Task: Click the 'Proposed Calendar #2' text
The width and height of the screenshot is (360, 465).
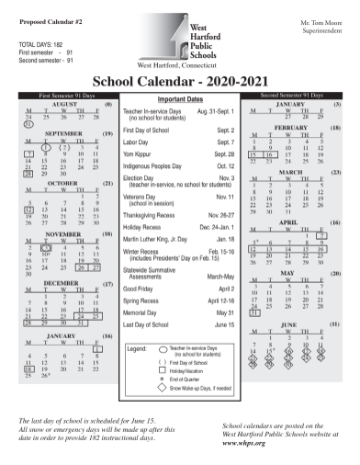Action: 45,18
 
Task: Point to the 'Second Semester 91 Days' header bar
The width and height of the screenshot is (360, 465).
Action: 295,95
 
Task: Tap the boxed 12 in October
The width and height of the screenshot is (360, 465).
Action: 30,210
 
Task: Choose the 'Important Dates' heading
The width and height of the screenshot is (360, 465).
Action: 179,98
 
